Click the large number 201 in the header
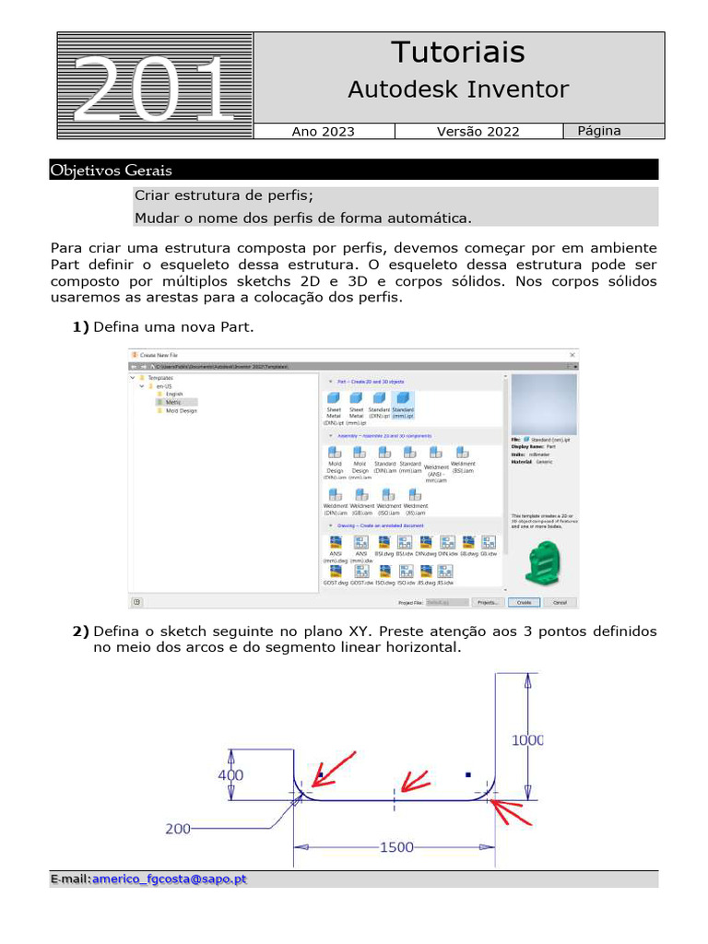tap(153, 89)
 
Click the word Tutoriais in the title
tap(457, 53)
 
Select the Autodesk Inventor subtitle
tap(457, 89)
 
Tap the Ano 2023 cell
tap(323, 132)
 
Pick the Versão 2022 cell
tap(478, 132)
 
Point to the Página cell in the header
tap(599, 131)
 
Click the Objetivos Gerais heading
tap(112, 171)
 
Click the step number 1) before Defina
tap(80, 326)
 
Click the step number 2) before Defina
tap(80, 631)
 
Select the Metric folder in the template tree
tap(173, 402)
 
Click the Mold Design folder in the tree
tap(181, 410)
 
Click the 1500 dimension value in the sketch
tap(396, 847)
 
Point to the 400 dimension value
tap(230, 775)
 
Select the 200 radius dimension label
tap(178, 829)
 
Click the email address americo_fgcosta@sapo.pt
tap(170, 879)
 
